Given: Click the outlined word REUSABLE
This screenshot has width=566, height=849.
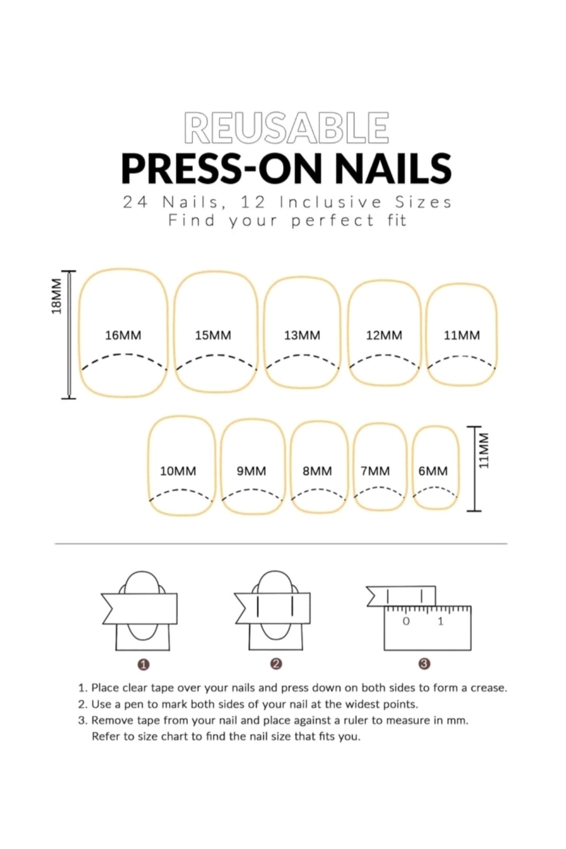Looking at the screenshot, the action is coord(286,127).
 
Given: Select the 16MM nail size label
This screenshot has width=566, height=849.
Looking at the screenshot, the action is coord(123,335).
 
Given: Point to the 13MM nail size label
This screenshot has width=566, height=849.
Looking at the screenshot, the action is coord(302,335).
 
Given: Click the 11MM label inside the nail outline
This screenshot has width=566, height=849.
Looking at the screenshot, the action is coord(462,335).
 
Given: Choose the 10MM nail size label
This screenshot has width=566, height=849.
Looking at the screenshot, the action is coord(178,471).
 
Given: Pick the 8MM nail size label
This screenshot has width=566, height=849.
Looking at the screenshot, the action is coord(317,471).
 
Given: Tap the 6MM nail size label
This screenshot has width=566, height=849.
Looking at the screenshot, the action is coord(433,471).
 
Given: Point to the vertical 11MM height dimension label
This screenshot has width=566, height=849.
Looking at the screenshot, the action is coord(484,450).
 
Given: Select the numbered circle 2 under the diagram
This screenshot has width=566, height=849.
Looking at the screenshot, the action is coord(276,664).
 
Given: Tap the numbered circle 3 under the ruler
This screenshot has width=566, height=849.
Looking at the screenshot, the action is coord(424,664).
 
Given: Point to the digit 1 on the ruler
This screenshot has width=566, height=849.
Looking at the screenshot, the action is coord(441,621).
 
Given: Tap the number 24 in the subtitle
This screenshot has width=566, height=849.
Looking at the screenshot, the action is coord(136,202).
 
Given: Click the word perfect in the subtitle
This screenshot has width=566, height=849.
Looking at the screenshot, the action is coord(333,221).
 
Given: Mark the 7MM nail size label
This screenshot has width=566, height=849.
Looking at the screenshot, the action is coord(375,471).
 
